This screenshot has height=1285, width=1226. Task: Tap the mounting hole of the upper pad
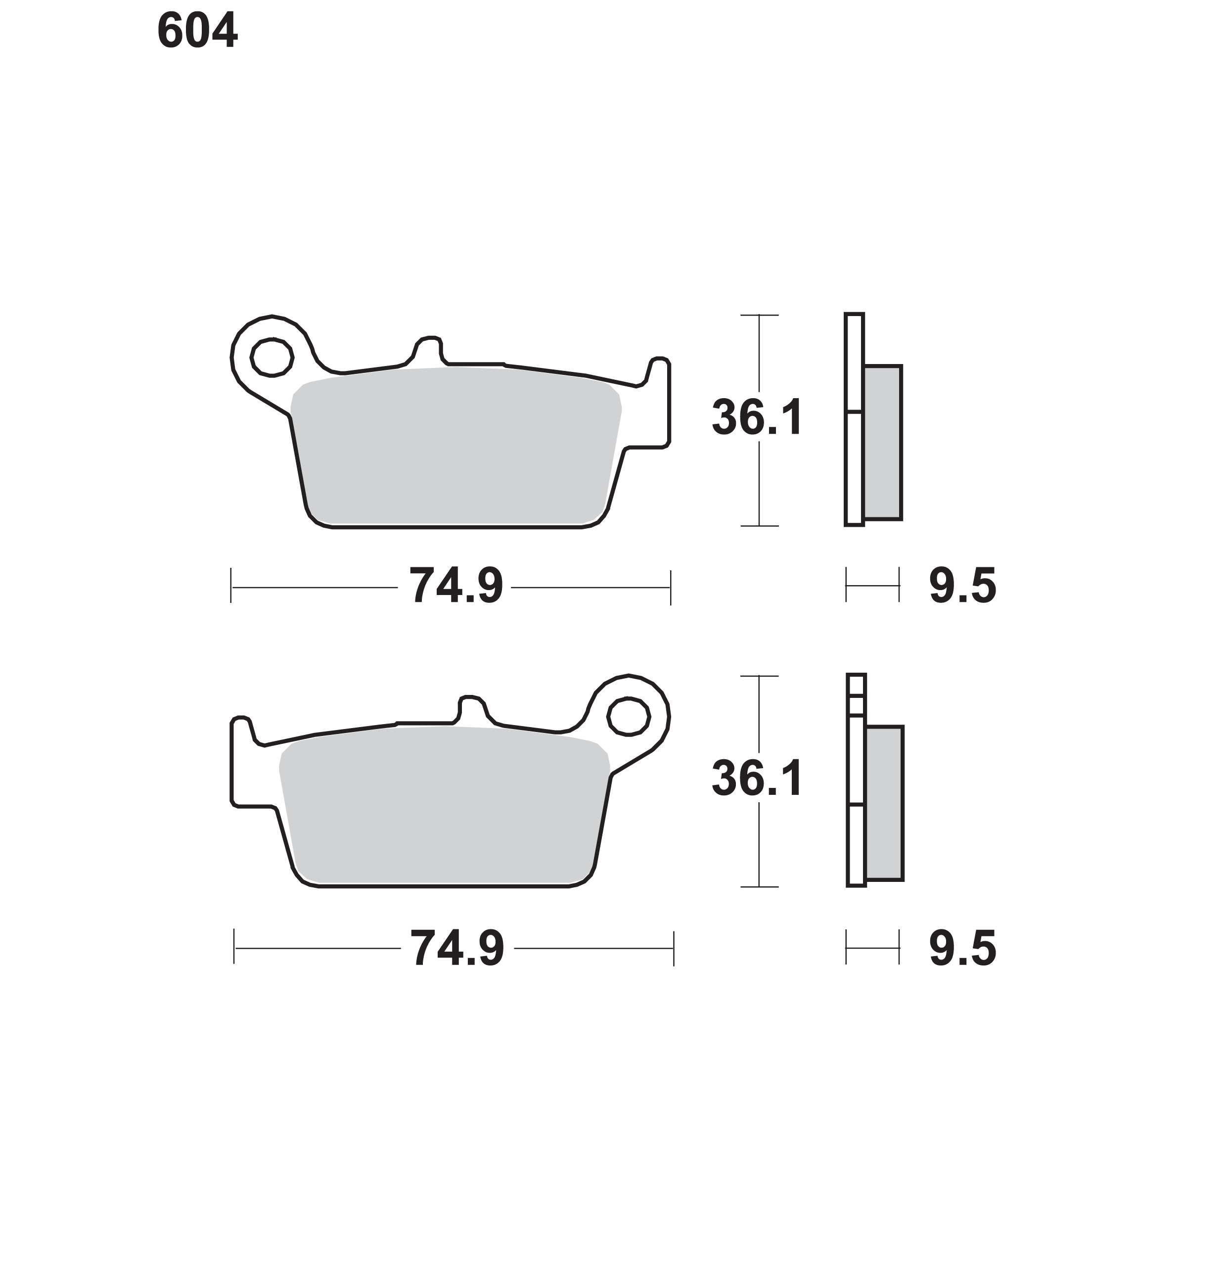(272, 358)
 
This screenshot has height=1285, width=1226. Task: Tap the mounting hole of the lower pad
(628, 716)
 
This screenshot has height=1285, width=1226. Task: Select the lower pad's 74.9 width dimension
(457, 948)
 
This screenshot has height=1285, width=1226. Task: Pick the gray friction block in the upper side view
(883, 443)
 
